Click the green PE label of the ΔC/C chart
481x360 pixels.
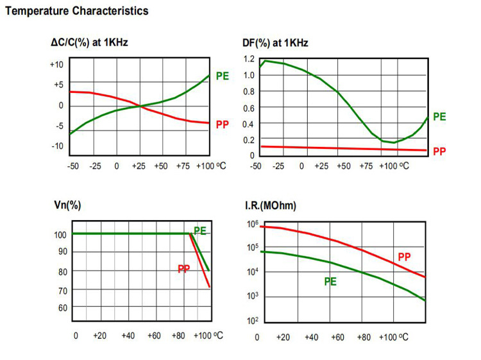(223, 76)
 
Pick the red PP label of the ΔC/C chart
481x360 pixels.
(223, 124)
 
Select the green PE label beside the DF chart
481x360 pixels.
(439, 117)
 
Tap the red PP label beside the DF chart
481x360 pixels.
(439, 151)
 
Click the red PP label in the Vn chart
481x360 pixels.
(184, 268)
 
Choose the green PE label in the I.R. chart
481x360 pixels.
(330, 280)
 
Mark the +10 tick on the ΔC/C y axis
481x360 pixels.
(56, 65)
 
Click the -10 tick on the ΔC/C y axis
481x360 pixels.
(57, 146)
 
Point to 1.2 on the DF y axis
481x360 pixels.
(249, 59)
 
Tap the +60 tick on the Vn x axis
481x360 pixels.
(154, 336)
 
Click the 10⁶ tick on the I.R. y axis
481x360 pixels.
(251, 223)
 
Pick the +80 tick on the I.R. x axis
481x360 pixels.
(364, 337)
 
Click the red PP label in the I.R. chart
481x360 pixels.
(404, 257)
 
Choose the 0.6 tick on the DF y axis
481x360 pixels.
(249, 107)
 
